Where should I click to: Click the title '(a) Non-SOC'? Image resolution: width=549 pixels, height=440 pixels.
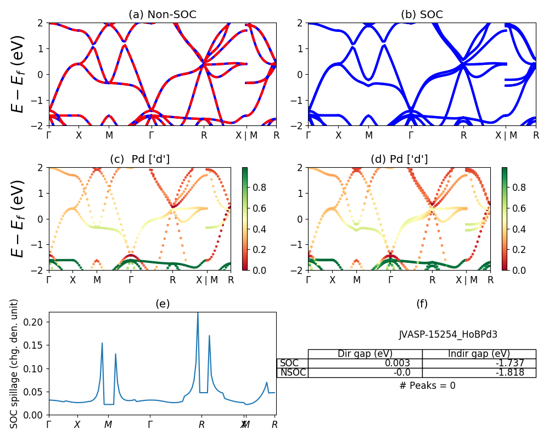[162, 14]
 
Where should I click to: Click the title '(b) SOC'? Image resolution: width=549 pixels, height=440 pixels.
[422, 14]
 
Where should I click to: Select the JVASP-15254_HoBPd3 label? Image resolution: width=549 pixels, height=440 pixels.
[448, 334]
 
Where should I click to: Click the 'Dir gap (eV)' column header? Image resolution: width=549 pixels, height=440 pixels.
[365, 354]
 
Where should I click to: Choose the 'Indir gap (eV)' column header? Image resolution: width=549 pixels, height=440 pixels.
[479, 354]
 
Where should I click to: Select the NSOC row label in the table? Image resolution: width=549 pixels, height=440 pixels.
[292, 373]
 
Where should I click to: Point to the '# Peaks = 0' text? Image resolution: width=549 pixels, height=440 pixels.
[427, 386]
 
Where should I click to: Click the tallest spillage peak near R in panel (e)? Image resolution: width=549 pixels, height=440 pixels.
[198, 314]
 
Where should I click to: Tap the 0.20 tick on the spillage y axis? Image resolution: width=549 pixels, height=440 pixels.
[37, 322]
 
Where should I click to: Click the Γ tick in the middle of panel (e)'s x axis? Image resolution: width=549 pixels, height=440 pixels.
[150, 425]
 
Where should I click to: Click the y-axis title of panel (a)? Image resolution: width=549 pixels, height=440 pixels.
[19, 74]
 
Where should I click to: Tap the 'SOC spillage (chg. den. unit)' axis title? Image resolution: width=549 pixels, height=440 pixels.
[15, 364]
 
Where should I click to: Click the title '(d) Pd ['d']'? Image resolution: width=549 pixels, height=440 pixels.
[399, 159]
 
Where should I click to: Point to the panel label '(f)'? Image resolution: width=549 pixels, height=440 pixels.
[422, 304]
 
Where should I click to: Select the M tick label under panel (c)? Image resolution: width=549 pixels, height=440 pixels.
[97, 280]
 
